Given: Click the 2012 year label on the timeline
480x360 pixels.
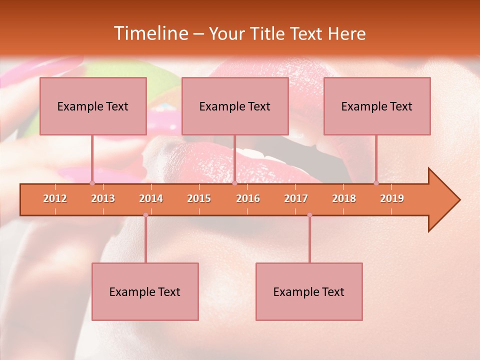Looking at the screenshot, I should tap(55, 198).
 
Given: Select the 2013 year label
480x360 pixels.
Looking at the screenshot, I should tap(103, 198).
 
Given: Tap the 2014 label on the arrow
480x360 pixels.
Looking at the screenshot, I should tap(151, 198).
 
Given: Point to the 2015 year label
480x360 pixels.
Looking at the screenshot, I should tap(199, 198).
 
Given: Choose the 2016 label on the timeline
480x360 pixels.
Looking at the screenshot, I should tap(248, 198).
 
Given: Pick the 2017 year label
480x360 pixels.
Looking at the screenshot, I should tap(296, 198).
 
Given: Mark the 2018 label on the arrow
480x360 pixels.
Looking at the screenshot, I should tap(344, 198).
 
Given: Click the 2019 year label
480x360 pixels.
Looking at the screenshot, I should tap(392, 198).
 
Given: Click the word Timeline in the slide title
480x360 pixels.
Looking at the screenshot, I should tap(150, 33).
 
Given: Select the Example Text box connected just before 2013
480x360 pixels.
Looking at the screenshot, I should tap(93, 106).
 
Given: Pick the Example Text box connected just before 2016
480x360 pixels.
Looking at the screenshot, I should tap(235, 106).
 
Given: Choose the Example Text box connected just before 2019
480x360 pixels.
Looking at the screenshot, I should tap(377, 106).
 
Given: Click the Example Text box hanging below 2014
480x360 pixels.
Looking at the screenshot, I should tap(145, 291).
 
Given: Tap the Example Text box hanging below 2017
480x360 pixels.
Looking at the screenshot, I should tap(309, 291).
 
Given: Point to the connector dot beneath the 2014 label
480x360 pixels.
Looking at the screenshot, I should tap(145, 215).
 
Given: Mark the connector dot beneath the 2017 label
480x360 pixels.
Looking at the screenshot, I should tap(309, 215).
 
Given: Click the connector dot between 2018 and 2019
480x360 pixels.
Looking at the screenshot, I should tap(376, 183).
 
